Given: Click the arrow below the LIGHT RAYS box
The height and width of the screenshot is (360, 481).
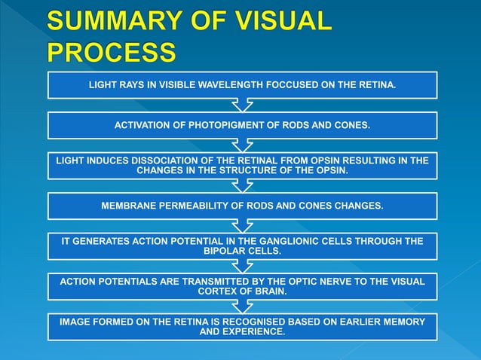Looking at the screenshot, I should [242, 105].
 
